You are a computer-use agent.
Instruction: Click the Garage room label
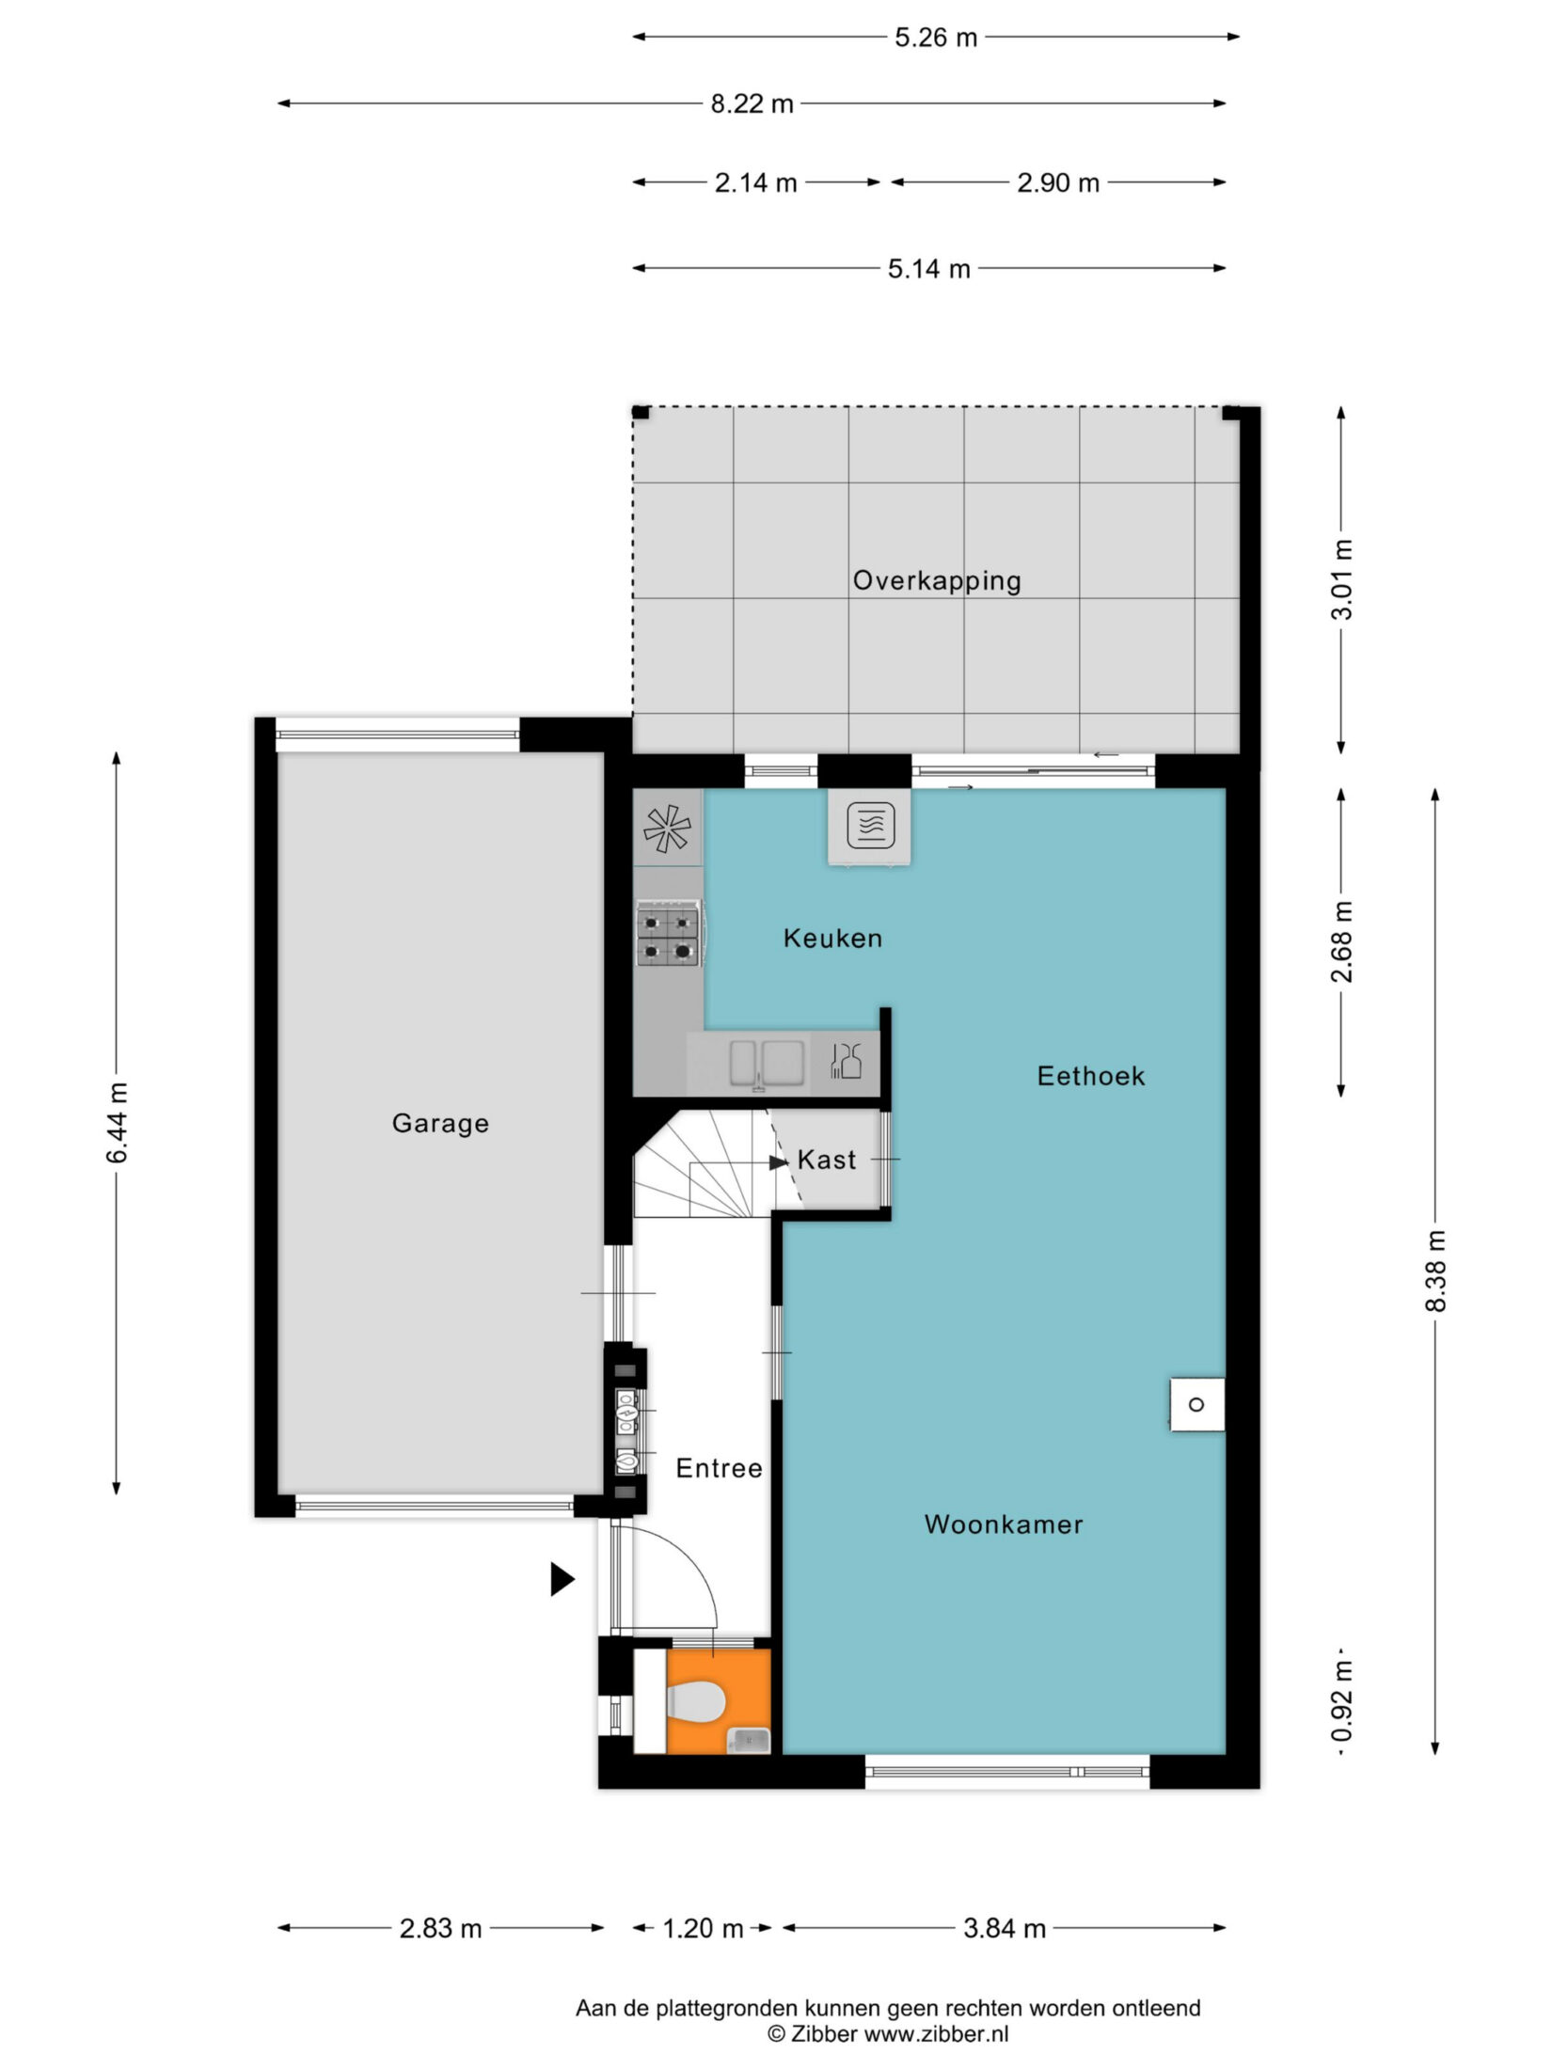click(440, 1123)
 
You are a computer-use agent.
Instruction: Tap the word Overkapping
click(937, 580)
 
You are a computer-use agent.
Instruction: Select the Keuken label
click(832, 938)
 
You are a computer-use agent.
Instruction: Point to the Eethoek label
click(1091, 1076)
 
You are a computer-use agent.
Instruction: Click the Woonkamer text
click(1004, 1524)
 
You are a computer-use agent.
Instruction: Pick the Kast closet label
click(827, 1160)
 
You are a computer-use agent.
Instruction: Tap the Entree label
click(719, 1468)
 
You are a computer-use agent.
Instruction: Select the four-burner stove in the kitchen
click(669, 934)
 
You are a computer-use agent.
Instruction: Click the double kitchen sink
click(768, 1063)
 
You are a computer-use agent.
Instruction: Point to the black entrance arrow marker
click(562, 1579)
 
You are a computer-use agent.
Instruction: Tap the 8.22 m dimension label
click(752, 103)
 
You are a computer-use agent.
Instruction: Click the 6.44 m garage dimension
click(118, 1123)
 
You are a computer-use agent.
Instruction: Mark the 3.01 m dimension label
click(1342, 579)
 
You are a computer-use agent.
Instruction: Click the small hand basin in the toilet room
click(748, 1741)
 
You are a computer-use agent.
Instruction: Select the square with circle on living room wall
click(1197, 1405)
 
